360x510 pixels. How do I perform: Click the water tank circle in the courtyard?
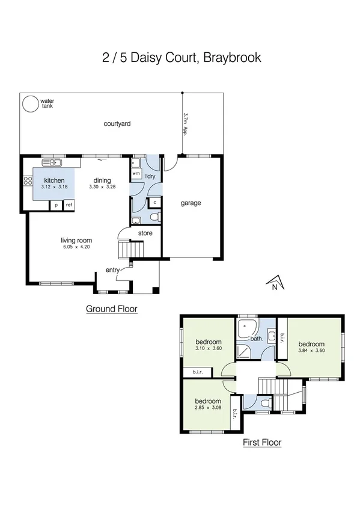[29, 105]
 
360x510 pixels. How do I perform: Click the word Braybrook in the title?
[232, 58]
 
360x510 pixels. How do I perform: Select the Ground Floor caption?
[112, 309]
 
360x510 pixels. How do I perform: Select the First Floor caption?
[261, 443]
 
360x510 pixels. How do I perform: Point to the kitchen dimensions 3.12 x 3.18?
[54, 187]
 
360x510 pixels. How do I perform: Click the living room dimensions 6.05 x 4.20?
[76, 247]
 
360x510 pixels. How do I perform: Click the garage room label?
[191, 203]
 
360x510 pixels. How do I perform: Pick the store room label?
[145, 233]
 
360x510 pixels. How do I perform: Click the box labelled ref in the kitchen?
[69, 205]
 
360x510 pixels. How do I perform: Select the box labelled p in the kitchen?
[56, 205]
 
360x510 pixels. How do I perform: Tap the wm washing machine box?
[136, 173]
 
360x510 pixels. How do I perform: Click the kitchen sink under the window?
[53, 162]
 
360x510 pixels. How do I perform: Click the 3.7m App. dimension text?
[186, 124]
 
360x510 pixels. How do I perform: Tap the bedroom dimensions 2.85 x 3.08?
[207, 408]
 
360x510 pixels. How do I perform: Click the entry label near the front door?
[112, 270]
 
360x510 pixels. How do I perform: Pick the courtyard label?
[117, 124]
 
